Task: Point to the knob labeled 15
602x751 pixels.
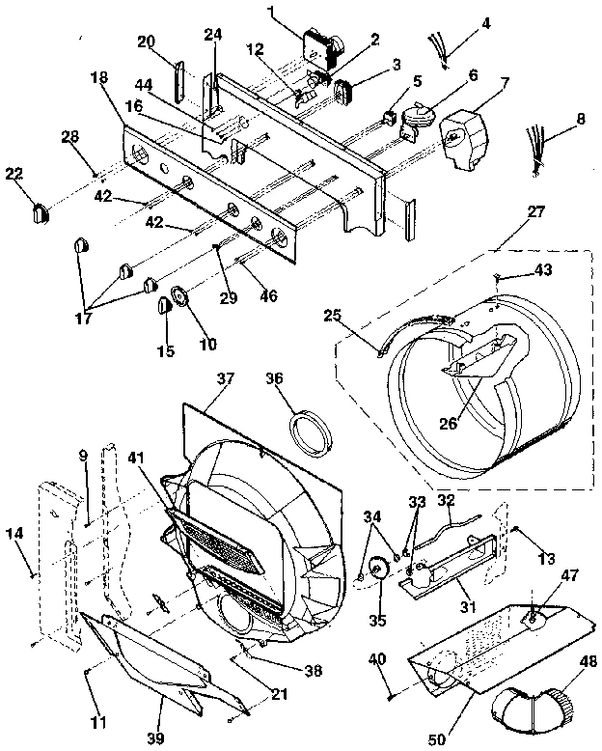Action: [164, 307]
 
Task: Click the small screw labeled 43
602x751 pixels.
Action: [494, 277]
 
